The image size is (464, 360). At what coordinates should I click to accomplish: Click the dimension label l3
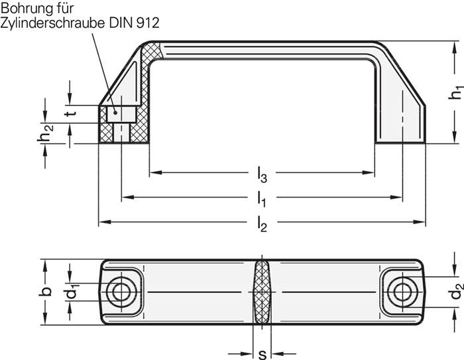(262, 175)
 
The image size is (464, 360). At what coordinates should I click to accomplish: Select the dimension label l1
(262, 198)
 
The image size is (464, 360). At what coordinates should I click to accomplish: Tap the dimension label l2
(262, 225)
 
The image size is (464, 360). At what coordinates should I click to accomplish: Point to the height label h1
(456, 93)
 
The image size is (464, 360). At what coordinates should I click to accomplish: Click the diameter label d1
(74, 291)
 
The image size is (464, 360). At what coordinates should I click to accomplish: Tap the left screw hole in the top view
(120, 291)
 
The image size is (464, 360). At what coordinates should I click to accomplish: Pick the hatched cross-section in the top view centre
(261, 292)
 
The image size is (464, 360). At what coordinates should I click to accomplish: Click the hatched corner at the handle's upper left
(153, 53)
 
